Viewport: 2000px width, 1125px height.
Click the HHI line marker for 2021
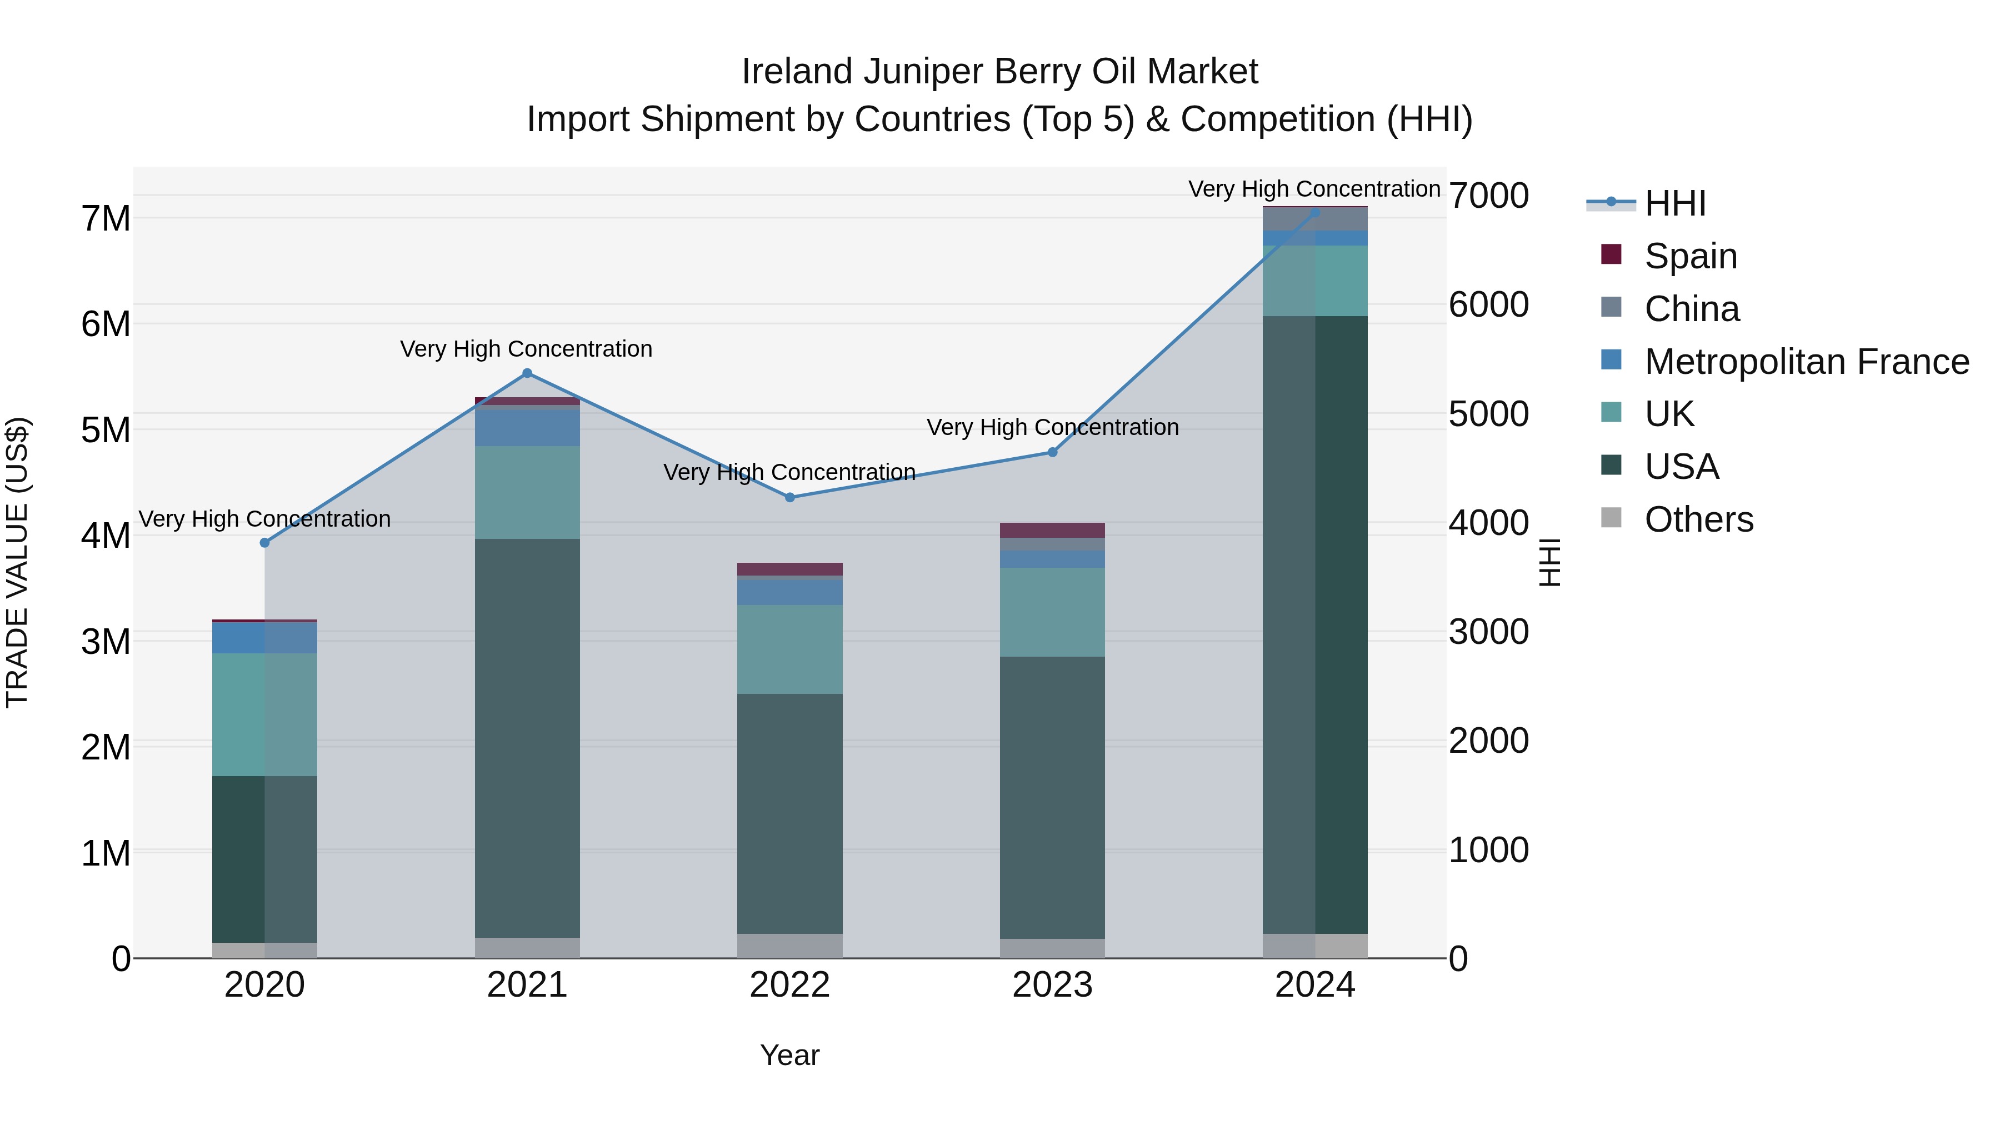(x=527, y=373)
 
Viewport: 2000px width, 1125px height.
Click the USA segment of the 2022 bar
(x=789, y=814)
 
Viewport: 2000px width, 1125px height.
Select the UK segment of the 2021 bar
(x=527, y=492)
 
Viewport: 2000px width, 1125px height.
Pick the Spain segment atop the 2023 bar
(x=1052, y=531)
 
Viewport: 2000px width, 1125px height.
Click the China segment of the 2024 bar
(x=1314, y=219)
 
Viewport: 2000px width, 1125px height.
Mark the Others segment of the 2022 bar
(x=789, y=946)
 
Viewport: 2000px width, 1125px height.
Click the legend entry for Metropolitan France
(x=1806, y=362)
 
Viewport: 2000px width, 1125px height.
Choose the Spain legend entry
(x=1690, y=256)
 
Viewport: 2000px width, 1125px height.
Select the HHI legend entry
(x=1674, y=203)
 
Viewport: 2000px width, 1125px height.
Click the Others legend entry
(x=1698, y=519)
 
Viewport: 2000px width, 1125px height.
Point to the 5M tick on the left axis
(x=106, y=430)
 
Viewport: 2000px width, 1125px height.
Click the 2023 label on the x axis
(x=1052, y=985)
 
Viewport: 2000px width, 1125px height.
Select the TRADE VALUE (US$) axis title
(x=17, y=562)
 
